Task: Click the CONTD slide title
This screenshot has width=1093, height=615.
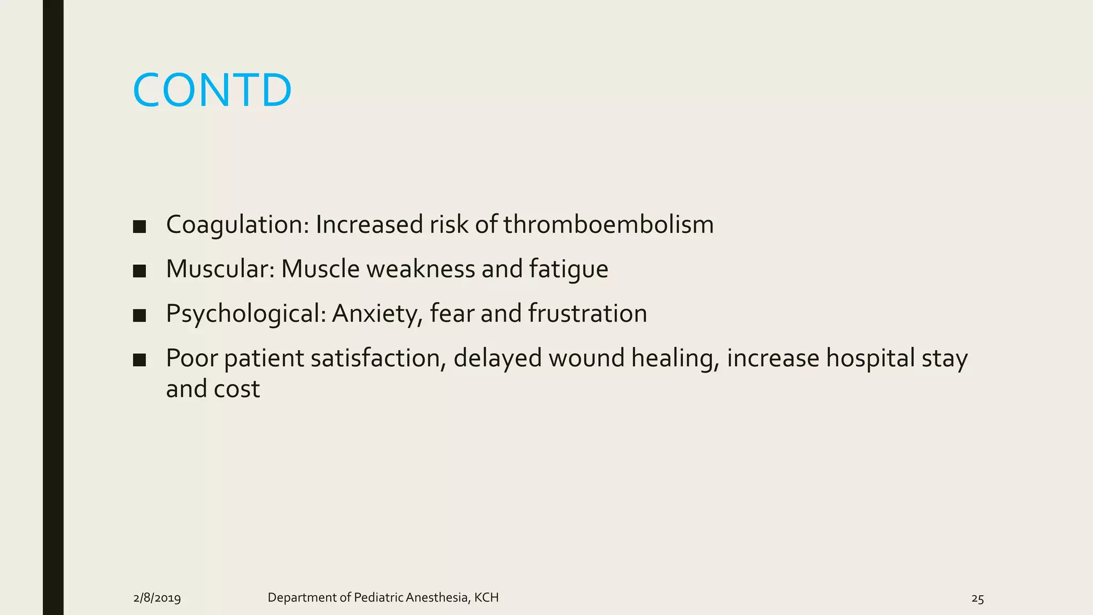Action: click(x=212, y=90)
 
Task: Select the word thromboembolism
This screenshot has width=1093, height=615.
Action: click(x=608, y=225)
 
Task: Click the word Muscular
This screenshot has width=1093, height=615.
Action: click(x=220, y=269)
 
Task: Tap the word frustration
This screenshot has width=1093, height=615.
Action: click(x=588, y=313)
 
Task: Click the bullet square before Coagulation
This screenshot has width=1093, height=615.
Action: click(x=139, y=226)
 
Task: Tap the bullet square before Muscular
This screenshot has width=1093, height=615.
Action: click(x=139, y=271)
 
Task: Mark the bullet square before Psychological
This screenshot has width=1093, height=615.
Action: click(x=139, y=316)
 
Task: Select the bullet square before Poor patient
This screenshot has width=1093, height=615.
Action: click(x=139, y=360)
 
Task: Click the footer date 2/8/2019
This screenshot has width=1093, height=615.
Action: click(x=157, y=598)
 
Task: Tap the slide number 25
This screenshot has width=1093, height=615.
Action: click(x=977, y=598)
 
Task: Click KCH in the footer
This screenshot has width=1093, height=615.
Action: click(x=486, y=597)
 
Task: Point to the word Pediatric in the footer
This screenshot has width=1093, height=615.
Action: click(x=378, y=597)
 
